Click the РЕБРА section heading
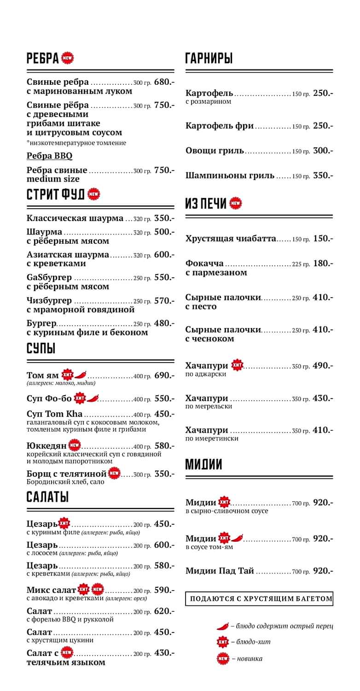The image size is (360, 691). coord(43,59)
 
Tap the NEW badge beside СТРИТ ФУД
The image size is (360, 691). coord(93,194)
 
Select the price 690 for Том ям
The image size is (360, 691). coord(164,375)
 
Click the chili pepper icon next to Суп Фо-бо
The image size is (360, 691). coord(93,398)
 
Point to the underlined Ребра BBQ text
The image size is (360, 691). coord(49,156)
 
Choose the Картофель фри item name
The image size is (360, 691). coord(220,126)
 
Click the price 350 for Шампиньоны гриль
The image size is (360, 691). coord(323,176)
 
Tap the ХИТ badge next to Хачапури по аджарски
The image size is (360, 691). coord(237,365)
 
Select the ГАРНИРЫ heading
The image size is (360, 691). coord(209,59)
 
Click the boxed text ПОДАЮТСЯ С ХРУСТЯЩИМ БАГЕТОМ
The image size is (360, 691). coord(259,599)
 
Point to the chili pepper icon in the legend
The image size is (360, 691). coord(223,626)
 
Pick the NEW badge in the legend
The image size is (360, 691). coord(223,659)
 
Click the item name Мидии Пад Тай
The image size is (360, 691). coord(220,571)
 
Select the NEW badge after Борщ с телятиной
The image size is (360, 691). coord(114,473)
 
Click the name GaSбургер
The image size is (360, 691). coord(49,278)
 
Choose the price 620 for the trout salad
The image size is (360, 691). coord(164,611)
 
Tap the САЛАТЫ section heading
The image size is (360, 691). coord(47,497)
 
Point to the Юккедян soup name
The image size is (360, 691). coord(46,446)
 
